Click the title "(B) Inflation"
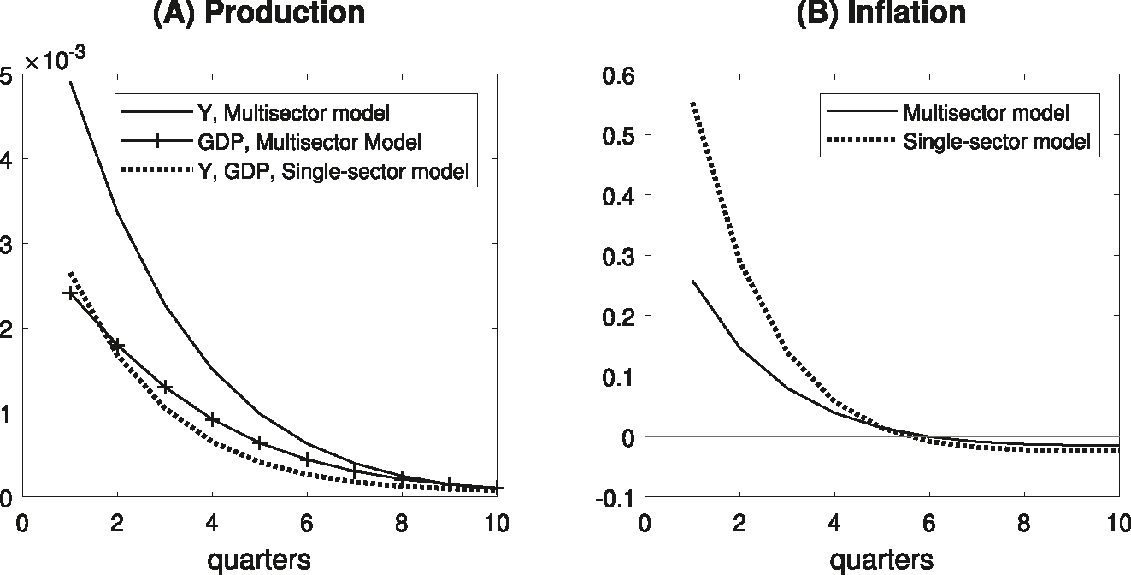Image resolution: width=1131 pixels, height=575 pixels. coord(881,13)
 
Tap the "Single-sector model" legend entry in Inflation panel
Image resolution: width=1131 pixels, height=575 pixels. coord(997,142)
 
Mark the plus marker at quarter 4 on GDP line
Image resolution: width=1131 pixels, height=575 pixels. coord(212,419)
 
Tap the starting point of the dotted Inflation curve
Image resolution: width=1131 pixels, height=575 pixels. coord(692,104)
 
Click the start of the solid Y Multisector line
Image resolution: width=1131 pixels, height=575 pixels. coord(70,83)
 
